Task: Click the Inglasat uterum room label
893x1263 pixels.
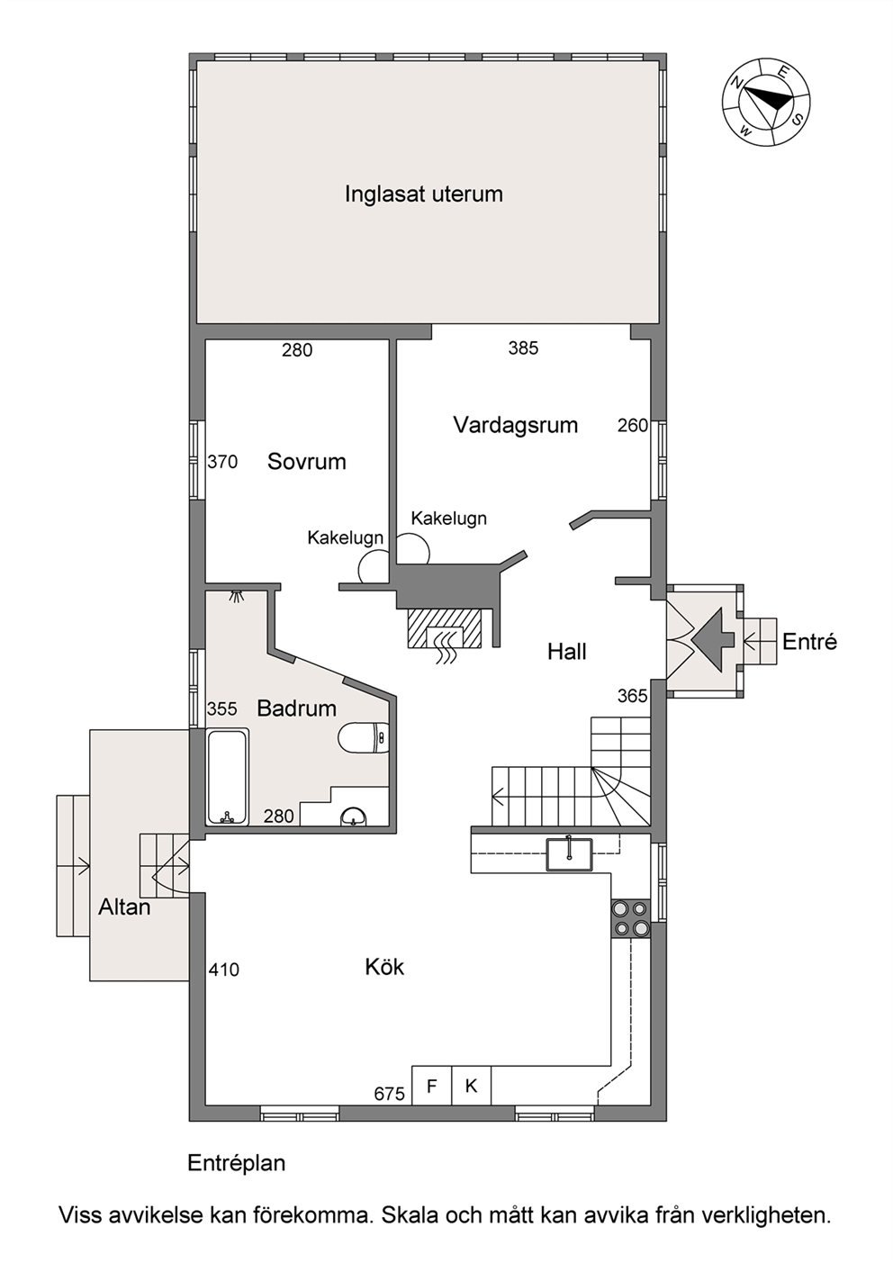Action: [x=423, y=194]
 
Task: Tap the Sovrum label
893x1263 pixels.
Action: [x=307, y=461]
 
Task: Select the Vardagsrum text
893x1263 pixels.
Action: [x=515, y=425]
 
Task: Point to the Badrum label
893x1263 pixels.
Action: [x=296, y=708]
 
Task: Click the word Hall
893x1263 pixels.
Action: [x=567, y=652]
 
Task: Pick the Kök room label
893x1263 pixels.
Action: [x=384, y=967]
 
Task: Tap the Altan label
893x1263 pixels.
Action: [x=124, y=907]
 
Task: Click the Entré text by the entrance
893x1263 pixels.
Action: [x=809, y=642]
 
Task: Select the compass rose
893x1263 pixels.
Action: [x=766, y=102]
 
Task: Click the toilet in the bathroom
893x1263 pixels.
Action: [x=365, y=737]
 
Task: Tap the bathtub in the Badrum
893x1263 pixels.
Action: [x=227, y=777]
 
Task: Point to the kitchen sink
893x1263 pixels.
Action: [x=569, y=854]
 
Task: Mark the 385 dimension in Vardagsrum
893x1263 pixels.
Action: [x=523, y=348]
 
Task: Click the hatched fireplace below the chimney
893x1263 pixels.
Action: [x=445, y=628]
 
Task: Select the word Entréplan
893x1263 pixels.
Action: [x=237, y=1163]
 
